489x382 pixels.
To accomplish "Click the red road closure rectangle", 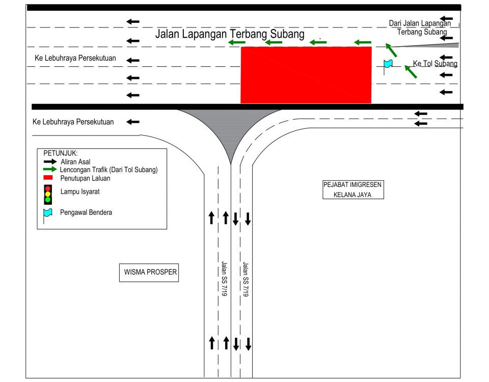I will (306, 75).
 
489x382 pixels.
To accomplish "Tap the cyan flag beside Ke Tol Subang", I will (388, 64).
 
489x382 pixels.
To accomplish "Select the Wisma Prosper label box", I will (150, 272).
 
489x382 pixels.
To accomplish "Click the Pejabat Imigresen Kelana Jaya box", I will (353, 189).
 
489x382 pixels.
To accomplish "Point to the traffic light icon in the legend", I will (48, 194).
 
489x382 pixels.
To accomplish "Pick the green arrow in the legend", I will (50, 169).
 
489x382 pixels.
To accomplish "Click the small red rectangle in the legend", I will (48, 178).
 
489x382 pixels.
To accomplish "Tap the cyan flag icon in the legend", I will (47, 213).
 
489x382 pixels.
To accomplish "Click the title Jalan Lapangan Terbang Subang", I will (230, 34).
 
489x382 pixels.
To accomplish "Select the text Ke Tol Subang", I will (435, 64).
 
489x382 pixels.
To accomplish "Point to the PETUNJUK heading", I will (61, 153).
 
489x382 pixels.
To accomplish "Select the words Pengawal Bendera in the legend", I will (86, 212).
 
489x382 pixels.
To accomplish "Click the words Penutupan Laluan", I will (85, 178).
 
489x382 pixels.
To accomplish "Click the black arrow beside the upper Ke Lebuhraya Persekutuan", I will (133, 60).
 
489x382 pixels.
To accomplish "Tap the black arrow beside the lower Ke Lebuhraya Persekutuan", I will (133, 122).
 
